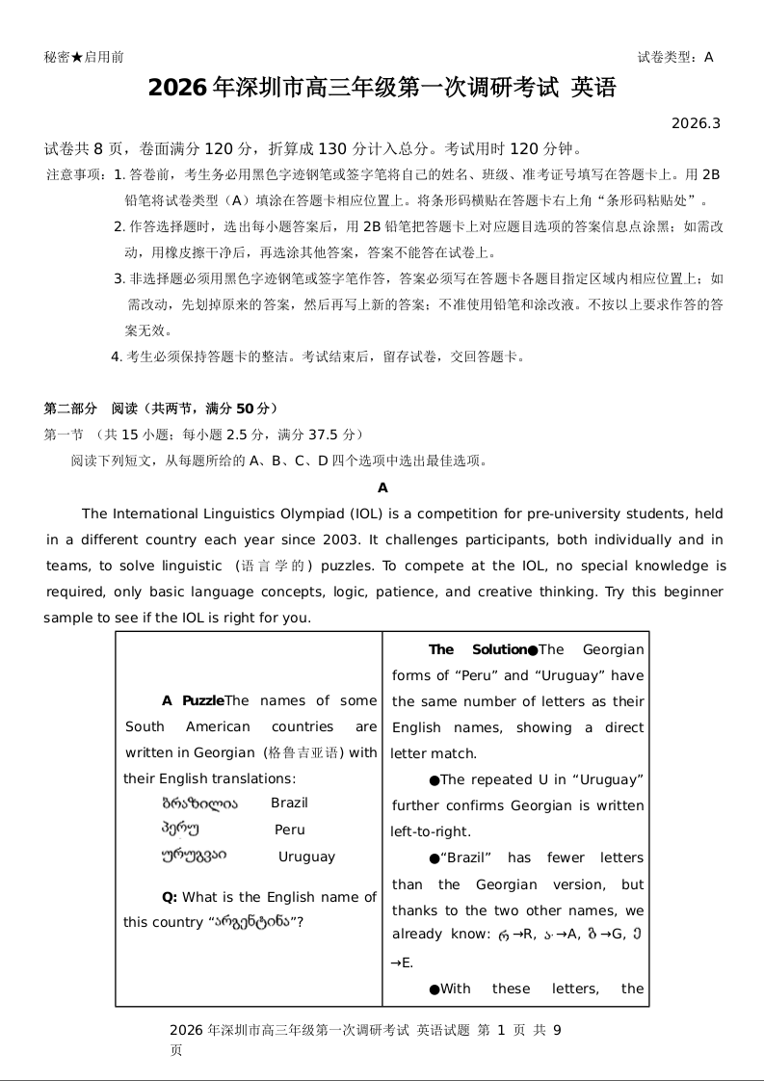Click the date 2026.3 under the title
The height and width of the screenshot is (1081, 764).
coord(696,123)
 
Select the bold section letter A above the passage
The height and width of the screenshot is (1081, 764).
coord(382,488)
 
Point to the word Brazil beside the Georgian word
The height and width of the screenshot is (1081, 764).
coord(289,803)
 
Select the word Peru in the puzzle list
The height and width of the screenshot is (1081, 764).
coord(289,830)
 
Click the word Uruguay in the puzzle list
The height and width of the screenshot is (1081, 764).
coord(306,857)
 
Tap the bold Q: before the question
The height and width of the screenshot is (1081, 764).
coord(170,897)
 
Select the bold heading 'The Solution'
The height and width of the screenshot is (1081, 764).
coord(477,649)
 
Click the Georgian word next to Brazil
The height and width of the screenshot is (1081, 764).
coord(198,803)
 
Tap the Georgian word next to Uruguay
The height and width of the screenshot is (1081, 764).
coord(194,856)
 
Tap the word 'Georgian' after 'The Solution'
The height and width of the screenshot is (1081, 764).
coord(614,649)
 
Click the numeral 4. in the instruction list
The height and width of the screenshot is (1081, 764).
coord(116,356)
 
